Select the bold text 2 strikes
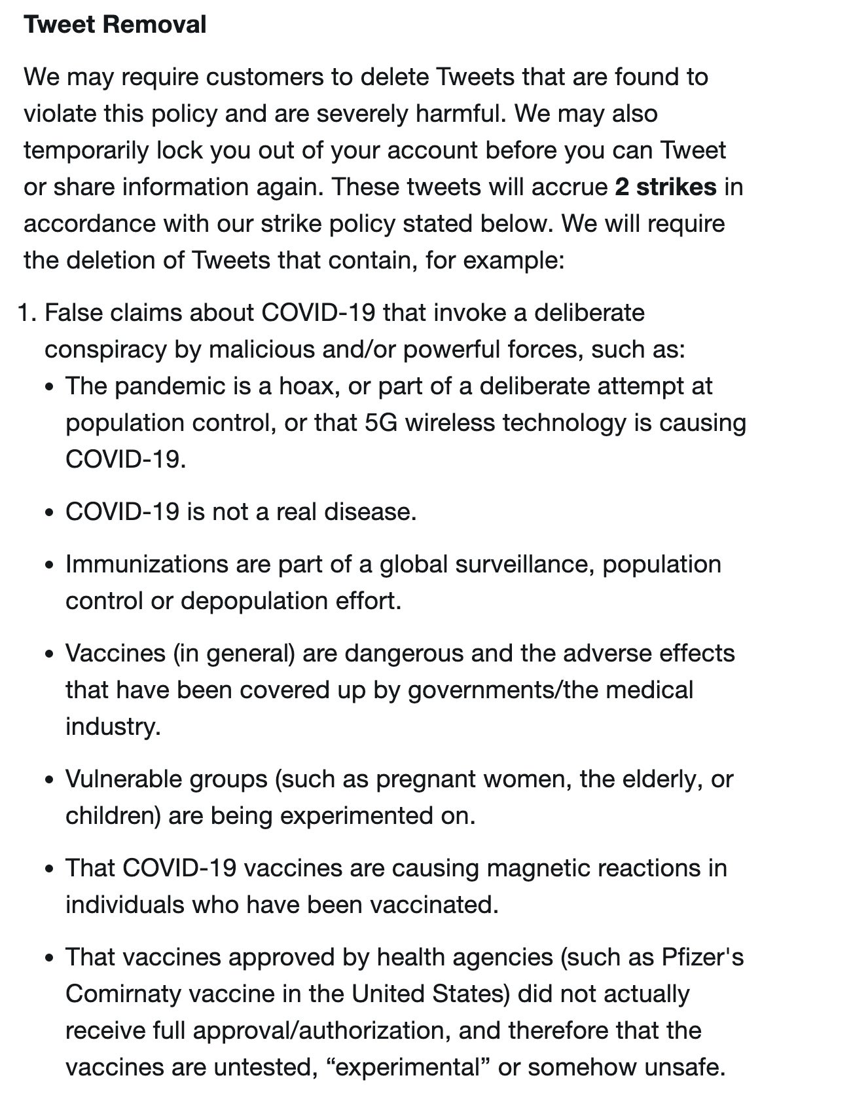pyautogui.click(x=665, y=187)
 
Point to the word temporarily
pyautogui.click(x=86, y=151)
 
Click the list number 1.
pyautogui.click(x=26, y=313)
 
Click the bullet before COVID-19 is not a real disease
pyautogui.click(x=49, y=513)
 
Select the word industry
pyautogui.click(x=113, y=727)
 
